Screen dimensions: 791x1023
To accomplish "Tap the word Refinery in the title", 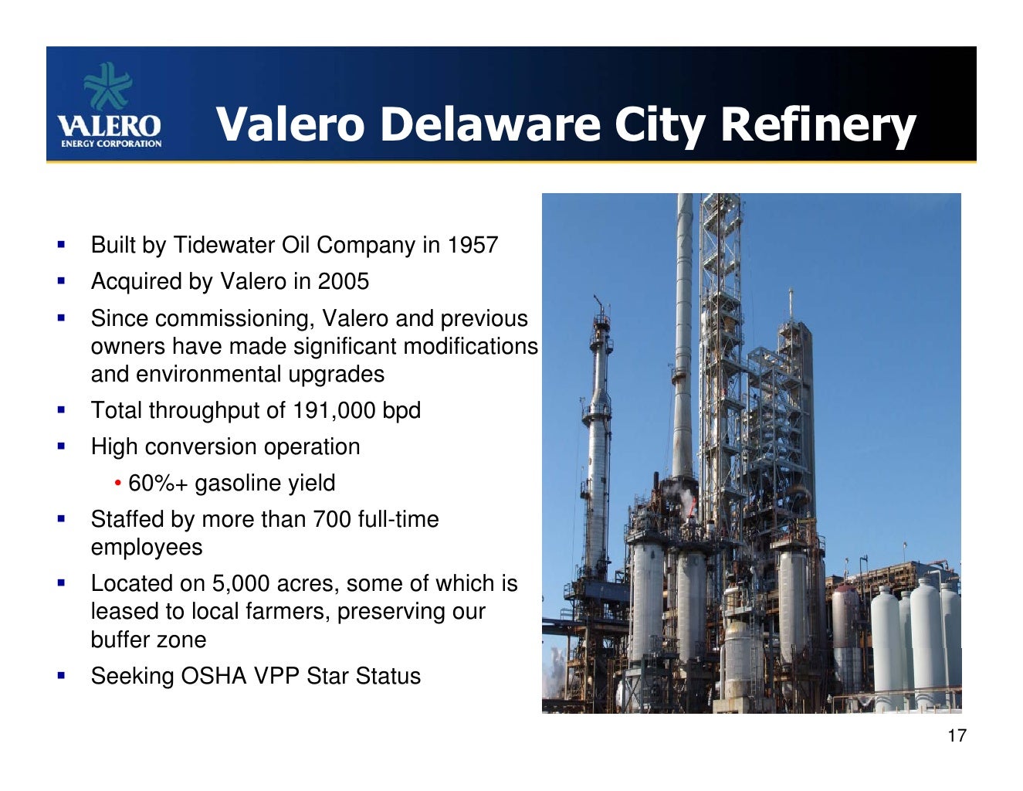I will [818, 124].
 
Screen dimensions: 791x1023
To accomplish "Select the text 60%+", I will [158, 484].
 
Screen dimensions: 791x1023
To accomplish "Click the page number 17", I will [957, 735].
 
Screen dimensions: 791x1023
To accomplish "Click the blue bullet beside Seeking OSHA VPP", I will [61, 675].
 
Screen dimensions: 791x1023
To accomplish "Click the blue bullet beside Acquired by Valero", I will [61, 280].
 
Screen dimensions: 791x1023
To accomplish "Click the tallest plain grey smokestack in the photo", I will [683, 332].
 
